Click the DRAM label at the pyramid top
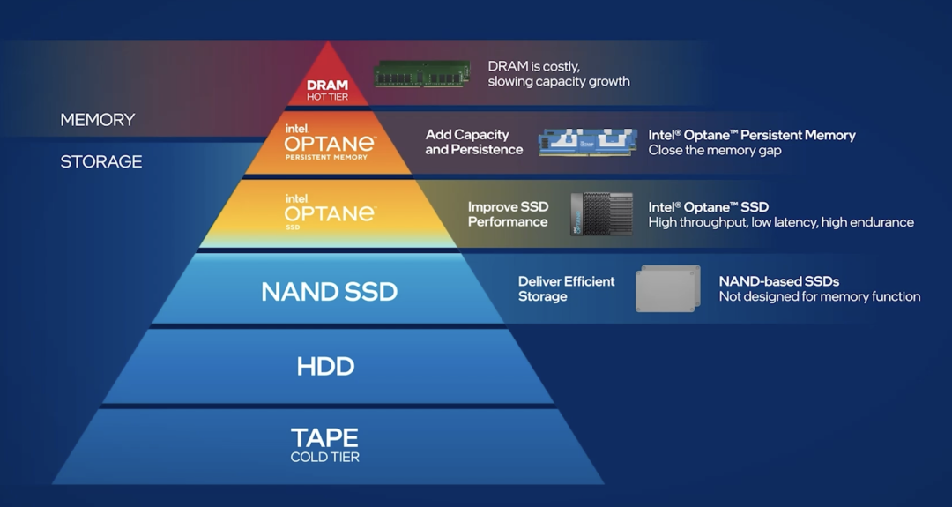[x=327, y=86]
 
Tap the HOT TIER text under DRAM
[x=327, y=97]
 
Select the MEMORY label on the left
[x=97, y=120]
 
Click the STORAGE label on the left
[x=100, y=162]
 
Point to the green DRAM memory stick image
[x=421, y=73]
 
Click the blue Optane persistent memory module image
[x=587, y=142]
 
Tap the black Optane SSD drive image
[x=601, y=214]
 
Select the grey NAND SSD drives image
[x=667, y=288]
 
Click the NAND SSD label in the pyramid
[x=329, y=292]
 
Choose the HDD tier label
[x=325, y=367]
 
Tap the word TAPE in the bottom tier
[x=325, y=437]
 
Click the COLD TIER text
[x=325, y=457]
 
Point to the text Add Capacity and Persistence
[x=474, y=142]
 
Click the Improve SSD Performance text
[x=508, y=214]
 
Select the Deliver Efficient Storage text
[x=566, y=288]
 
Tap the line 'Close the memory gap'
[x=715, y=150]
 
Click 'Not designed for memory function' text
[x=819, y=296]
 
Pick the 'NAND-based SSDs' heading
[x=778, y=281]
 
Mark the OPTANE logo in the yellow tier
[x=329, y=212]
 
